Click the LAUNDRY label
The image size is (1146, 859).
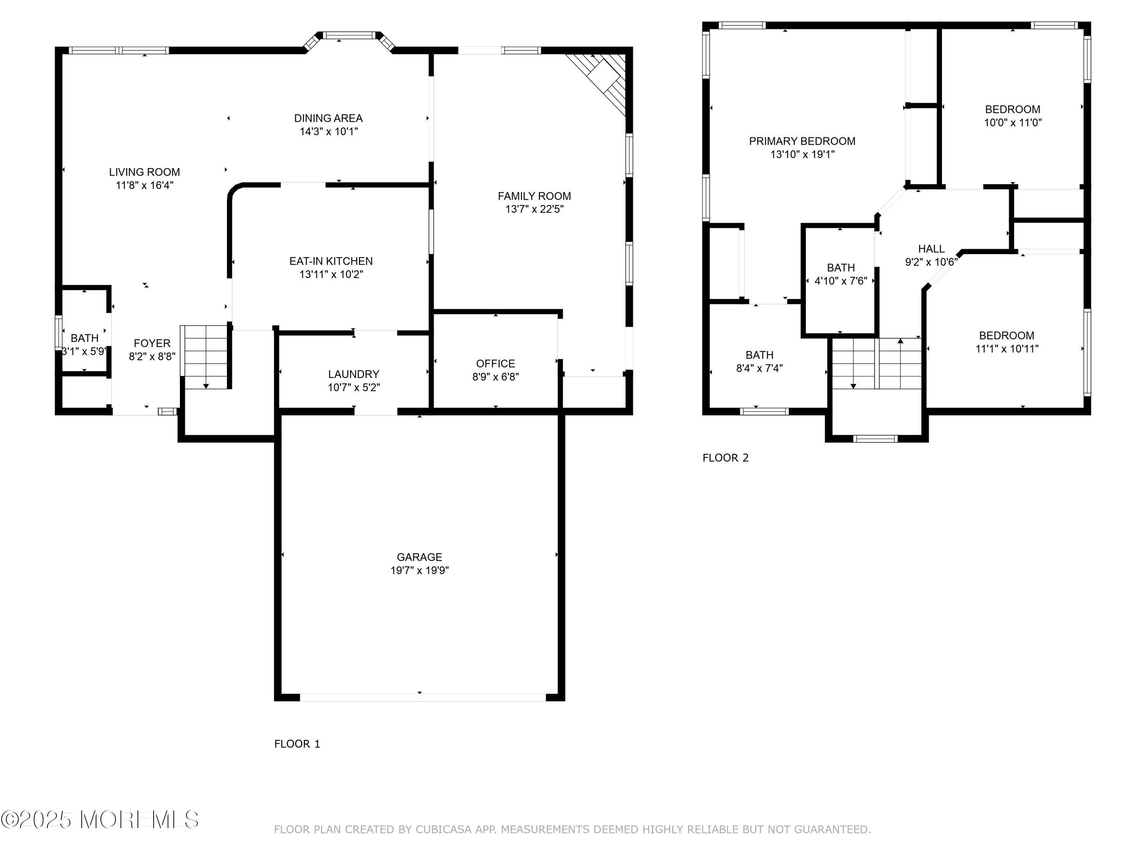353,374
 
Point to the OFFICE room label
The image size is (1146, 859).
495,363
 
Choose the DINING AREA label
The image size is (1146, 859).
329,118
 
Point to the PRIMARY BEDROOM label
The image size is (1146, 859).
802,141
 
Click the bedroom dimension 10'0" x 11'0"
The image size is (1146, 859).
1013,123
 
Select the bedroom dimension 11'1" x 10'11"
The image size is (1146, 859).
1007,349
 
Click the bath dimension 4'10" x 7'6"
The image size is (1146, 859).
841,281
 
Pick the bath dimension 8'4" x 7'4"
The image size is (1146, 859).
759,368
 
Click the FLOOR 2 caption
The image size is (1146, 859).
725,458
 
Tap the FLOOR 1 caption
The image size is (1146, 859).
297,744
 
